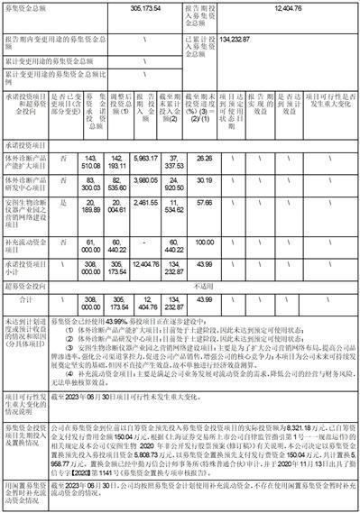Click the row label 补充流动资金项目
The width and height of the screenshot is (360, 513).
[x=27, y=243]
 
